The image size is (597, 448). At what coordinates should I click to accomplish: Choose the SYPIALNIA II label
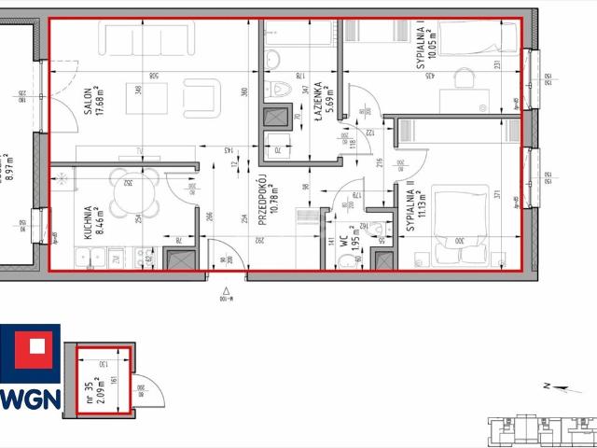click(410, 204)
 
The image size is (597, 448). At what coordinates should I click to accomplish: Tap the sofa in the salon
click(143, 40)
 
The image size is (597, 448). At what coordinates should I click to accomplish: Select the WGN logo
click(31, 370)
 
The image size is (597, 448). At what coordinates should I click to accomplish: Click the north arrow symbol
click(549, 384)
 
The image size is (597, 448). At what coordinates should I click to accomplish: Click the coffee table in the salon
click(146, 97)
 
